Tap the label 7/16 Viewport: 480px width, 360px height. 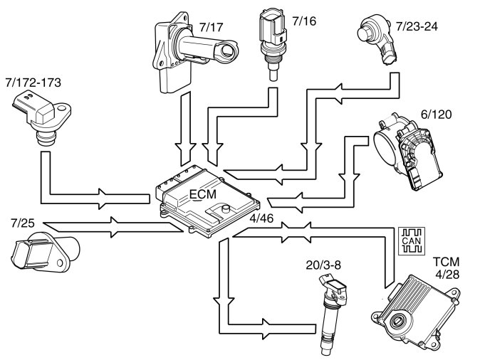pyautogui.click(x=301, y=21)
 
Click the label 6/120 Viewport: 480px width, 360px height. pyautogui.click(x=437, y=113)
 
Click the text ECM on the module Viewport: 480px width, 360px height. pyautogui.click(x=203, y=194)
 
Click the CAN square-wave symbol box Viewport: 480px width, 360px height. pyautogui.click(x=412, y=240)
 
